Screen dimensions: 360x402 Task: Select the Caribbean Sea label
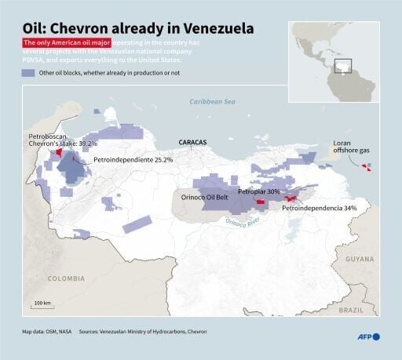[x=212, y=102]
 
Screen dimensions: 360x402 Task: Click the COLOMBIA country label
[x=65, y=278]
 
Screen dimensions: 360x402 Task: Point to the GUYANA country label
[x=360, y=258]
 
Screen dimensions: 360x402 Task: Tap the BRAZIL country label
[x=351, y=311]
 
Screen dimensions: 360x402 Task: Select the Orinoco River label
[x=243, y=222]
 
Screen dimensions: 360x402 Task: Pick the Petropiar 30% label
[x=259, y=191]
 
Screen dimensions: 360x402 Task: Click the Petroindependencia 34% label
[x=319, y=208]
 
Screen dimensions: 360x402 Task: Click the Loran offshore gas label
[x=342, y=147]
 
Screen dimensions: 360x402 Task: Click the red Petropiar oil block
[x=261, y=202]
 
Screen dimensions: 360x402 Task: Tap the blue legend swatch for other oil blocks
[x=28, y=72]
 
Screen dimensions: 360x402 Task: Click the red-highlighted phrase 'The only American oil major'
[x=67, y=42]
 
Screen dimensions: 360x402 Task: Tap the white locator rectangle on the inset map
[x=342, y=66]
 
